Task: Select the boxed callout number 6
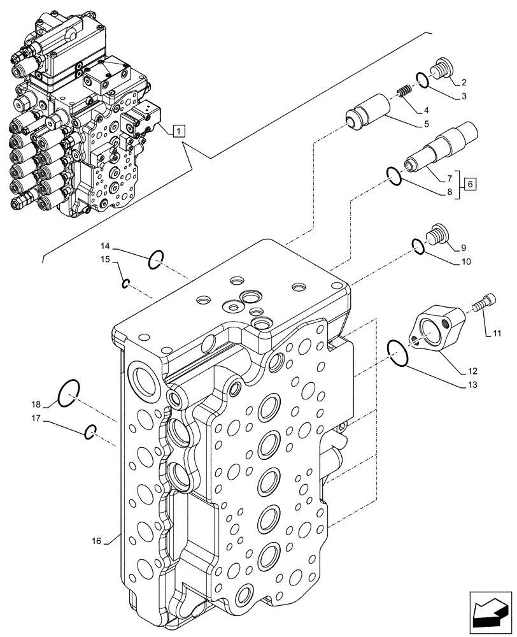pyautogui.click(x=470, y=184)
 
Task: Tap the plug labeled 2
pyautogui.click(x=441, y=68)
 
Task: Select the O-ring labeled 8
pyautogui.click(x=394, y=176)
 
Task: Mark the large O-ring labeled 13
pyautogui.click(x=398, y=354)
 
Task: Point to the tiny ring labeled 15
pyautogui.click(x=126, y=283)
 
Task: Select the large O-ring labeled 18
pyautogui.click(x=69, y=395)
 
